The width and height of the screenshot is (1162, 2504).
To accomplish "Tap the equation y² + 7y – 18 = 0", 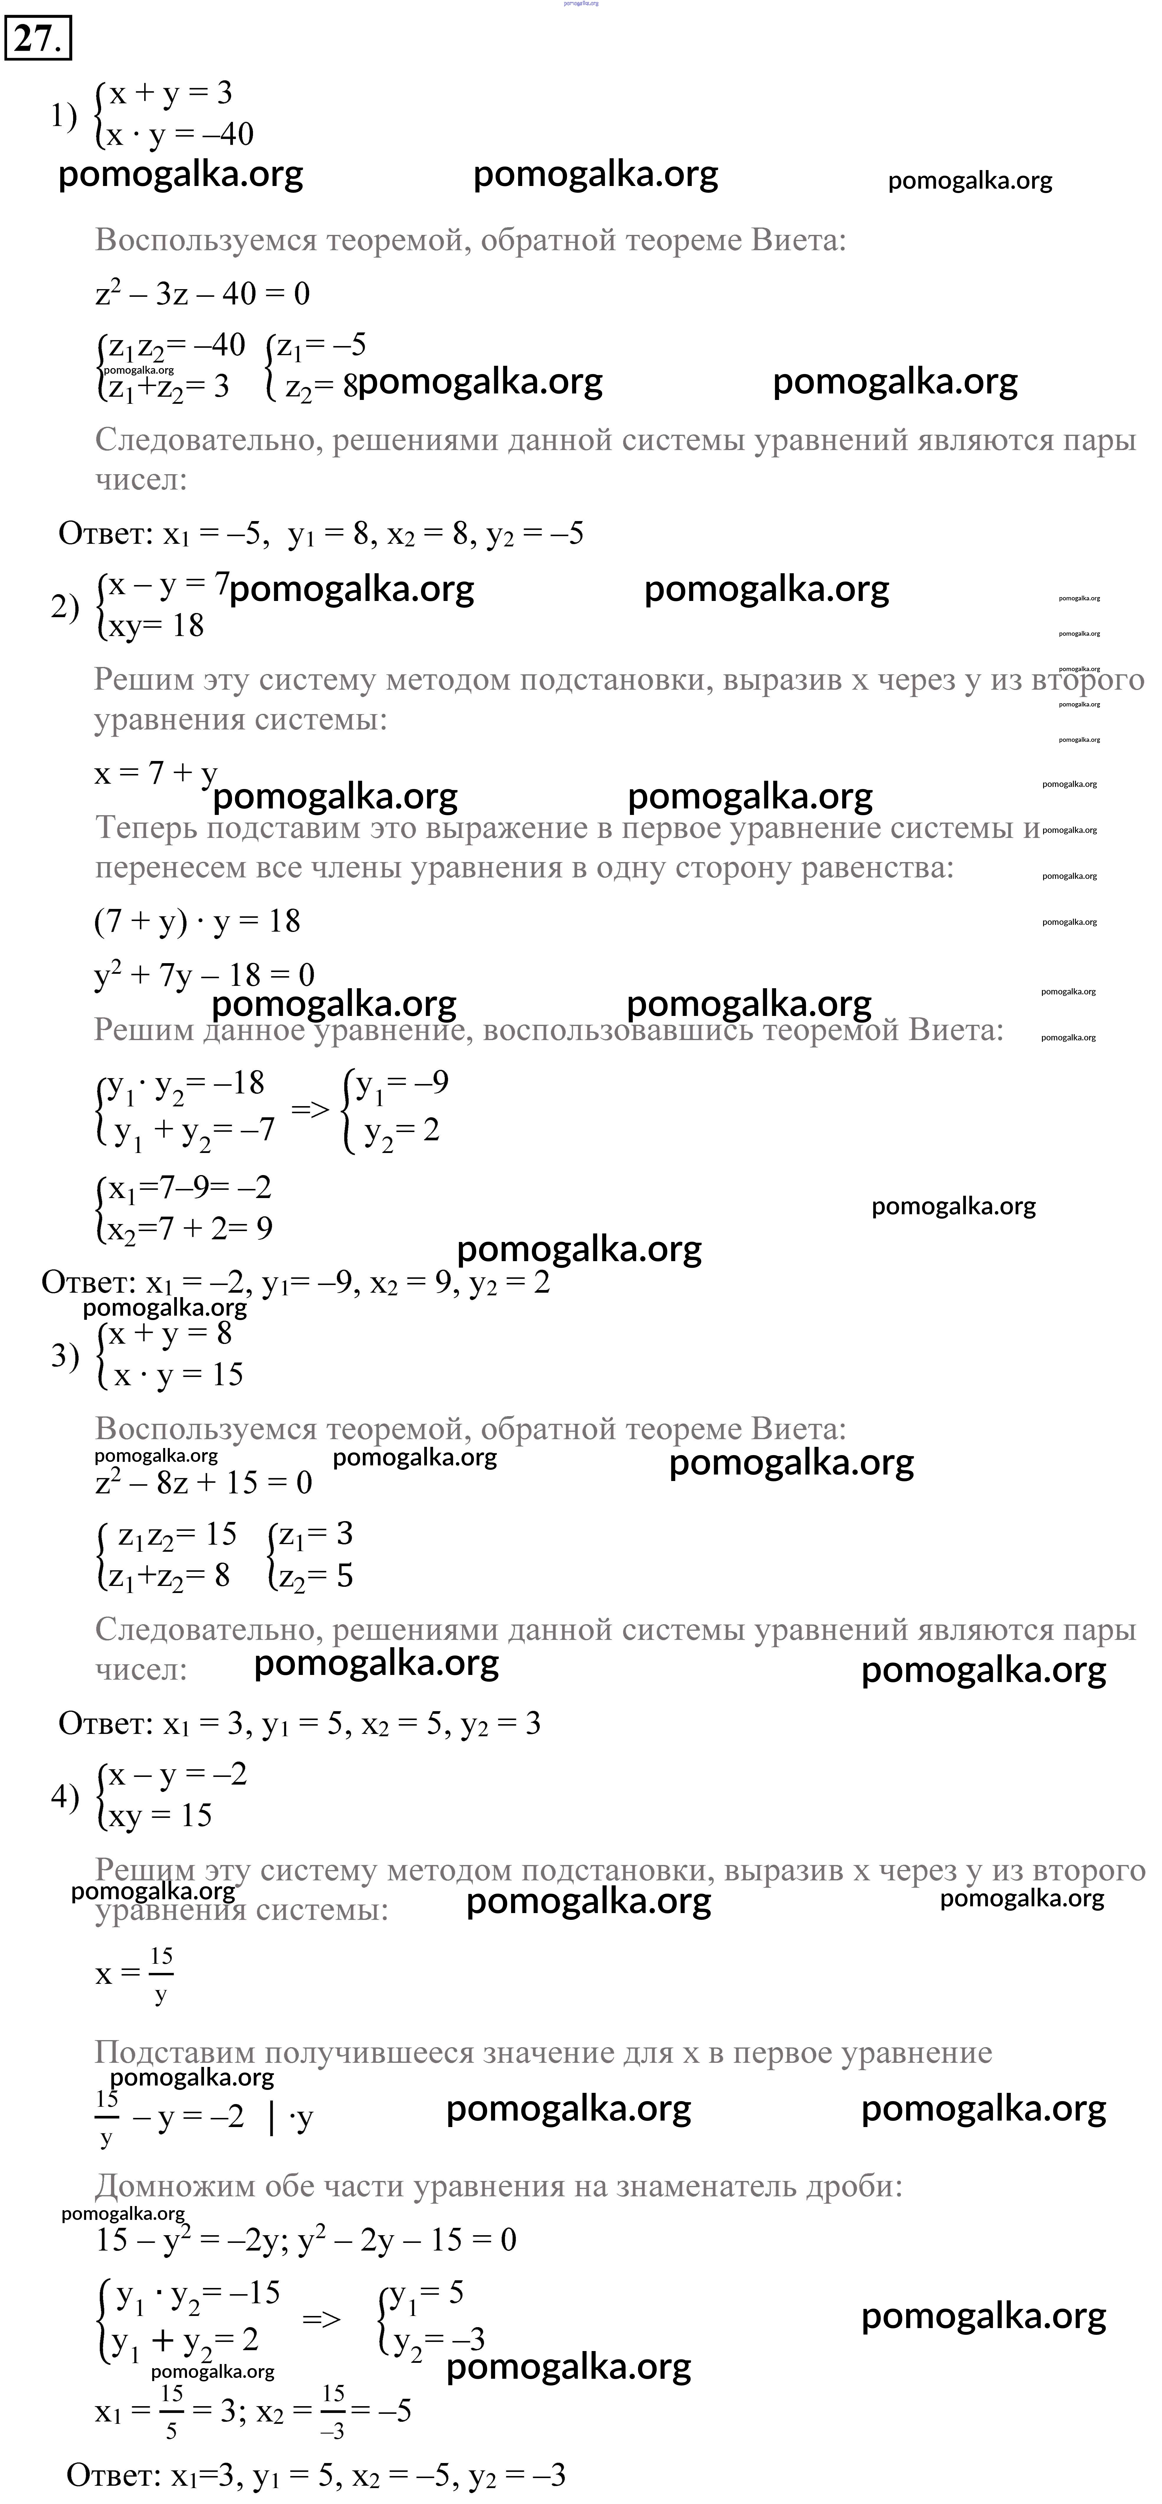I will [204, 974].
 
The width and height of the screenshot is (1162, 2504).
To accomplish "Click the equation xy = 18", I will [156, 625].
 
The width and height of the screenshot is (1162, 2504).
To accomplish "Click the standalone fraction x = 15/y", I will [134, 1974].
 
